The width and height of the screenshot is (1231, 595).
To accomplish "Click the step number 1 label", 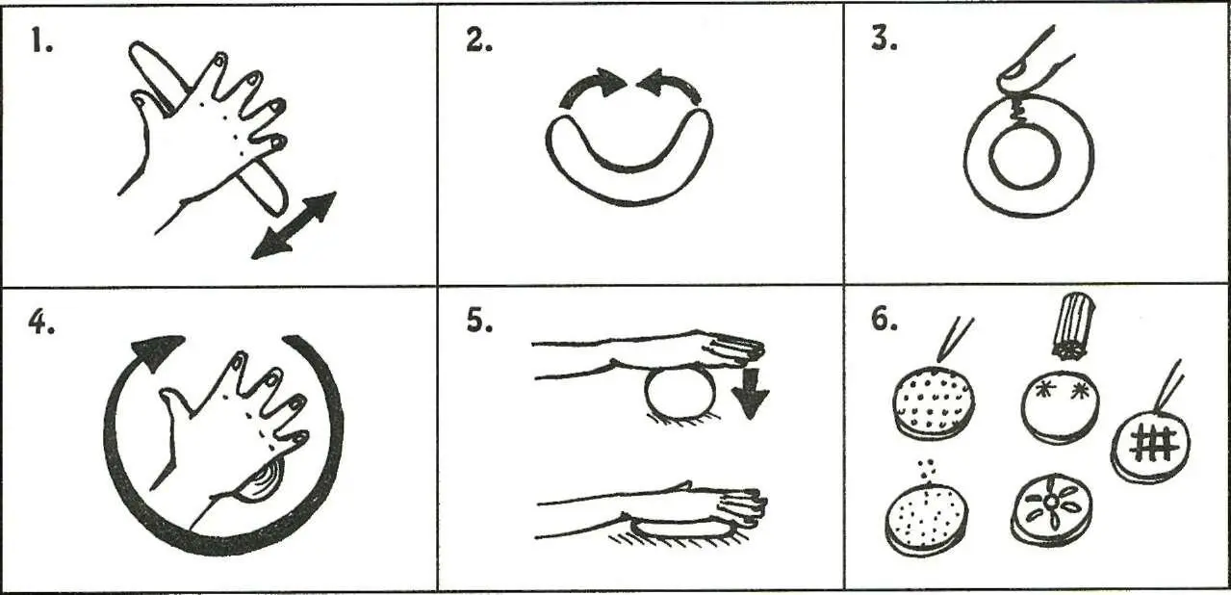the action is click(41, 41).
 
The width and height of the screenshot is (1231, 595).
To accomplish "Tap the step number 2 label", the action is click(479, 40).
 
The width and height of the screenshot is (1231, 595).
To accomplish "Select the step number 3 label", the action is click(885, 39).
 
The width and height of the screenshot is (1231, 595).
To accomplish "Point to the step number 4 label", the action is click(41, 323).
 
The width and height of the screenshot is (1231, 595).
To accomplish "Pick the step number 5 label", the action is click(479, 322).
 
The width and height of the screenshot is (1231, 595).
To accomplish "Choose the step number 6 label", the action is click(885, 320).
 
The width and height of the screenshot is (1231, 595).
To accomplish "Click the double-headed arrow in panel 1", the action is click(294, 225).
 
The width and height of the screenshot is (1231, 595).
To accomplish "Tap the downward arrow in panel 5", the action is click(750, 393).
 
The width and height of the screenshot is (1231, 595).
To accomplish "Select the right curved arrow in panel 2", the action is click(669, 86).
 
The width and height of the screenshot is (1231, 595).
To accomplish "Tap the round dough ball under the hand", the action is click(680, 395).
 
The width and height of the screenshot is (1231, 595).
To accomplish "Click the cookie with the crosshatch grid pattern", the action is click(1151, 448).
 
